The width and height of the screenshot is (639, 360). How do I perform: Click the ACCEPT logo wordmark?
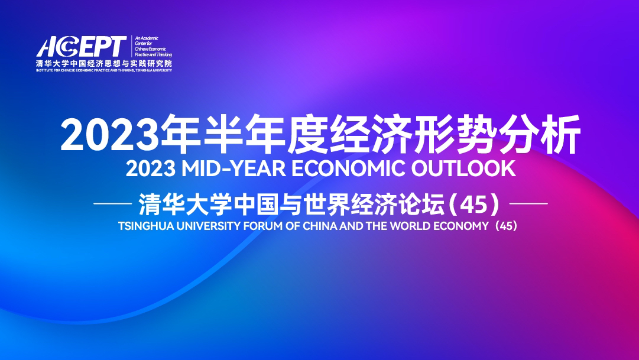82,47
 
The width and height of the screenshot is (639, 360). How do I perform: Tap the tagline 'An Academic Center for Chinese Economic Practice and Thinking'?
153,47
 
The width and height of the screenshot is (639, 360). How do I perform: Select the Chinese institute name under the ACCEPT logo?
104,63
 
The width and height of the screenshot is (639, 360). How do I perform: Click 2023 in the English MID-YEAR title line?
151,168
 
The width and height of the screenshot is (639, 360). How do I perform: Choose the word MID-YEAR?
233,168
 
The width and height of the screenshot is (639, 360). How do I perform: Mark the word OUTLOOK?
463,168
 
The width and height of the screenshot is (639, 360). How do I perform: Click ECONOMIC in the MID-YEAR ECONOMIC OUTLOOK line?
348,168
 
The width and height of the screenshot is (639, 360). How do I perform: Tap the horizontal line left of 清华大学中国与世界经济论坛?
113,203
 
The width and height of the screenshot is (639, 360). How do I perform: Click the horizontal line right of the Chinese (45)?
528,203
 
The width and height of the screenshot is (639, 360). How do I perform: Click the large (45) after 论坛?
473,204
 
